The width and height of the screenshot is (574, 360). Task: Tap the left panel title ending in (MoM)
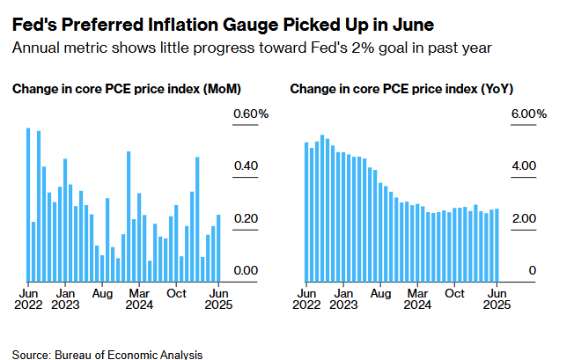[x=127, y=89]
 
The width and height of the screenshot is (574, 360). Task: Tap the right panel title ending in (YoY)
[x=403, y=89]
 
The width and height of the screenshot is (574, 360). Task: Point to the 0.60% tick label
[x=250, y=114]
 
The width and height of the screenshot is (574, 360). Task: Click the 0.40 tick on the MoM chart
[x=244, y=166]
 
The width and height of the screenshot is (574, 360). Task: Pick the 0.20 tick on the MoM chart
[x=244, y=218]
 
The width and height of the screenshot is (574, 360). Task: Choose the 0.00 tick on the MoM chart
[x=244, y=270]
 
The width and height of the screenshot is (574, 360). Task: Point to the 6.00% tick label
[x=529, y=114]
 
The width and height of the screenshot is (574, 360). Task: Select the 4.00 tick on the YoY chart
[x=524, y=166]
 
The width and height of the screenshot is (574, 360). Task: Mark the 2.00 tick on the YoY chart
[x=524, y=218]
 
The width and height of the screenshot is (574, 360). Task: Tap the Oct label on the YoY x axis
[x=455, y=293]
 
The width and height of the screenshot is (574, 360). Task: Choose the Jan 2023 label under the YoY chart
[x=343, y=299]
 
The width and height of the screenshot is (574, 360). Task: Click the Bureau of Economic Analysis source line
[x=107, y=355]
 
